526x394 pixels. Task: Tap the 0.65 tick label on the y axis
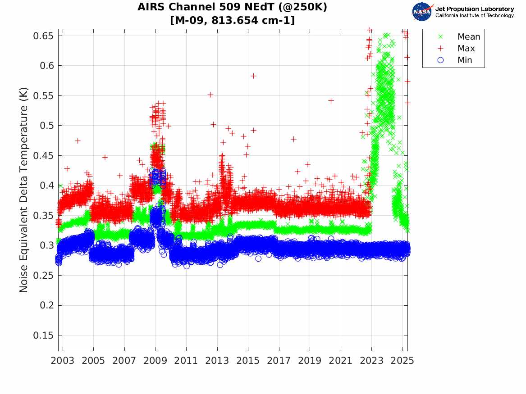pyautogui.click(x=43, y=36)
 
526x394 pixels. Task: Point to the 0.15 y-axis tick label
pyautogui.click(x=43, y=335)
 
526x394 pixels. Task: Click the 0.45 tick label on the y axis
pyautogui.click(x=43, y=155)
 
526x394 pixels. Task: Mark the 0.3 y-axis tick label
pyautogui.click(x=46, y=245)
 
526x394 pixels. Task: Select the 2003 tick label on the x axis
pyautogui.click(x=63, y=361)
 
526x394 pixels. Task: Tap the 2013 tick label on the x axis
pyautogui.click(x=217, y=361)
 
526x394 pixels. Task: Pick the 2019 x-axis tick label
pyautogui.click(x=310, y=361)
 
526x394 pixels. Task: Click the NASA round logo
pyautogui.click(x=422, y=12)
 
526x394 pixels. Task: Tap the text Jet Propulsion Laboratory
pyautogui.click(x=474, y=9)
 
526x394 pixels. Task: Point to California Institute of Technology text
pyautogui.click(x=474, y=16)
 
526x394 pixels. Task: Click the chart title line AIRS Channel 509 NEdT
pyautogui.click(x=233, y=7)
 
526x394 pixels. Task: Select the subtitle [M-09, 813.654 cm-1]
pyautogui.click(x=233, y=20)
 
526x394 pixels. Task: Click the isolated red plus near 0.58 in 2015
pyautogui.click(x=253, y=76)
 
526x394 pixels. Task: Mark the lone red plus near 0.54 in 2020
pyautogui.click(x=331, y=100)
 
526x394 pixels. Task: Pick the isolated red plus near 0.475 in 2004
pyautogui.click(x=78, y=141)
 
